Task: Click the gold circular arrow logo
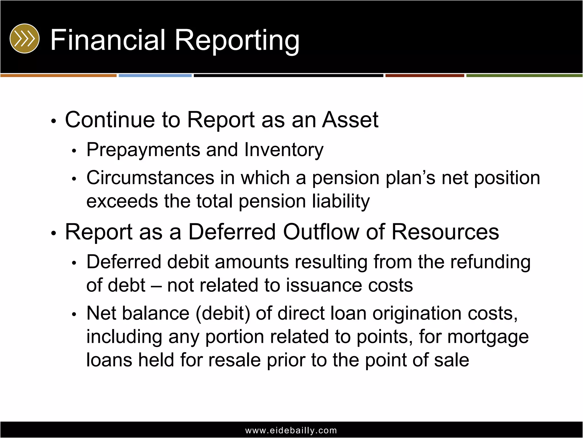(24, 38)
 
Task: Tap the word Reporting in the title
(237, 40)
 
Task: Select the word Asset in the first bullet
(350, 119)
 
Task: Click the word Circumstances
(150, 178)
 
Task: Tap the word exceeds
(122, 201)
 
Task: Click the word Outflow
(321, 232)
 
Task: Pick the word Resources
(445, 232)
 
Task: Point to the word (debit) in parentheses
(223, 313)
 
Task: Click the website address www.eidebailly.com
(291, 430)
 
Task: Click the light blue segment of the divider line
(155, 76)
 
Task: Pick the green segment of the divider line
(524, 76)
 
